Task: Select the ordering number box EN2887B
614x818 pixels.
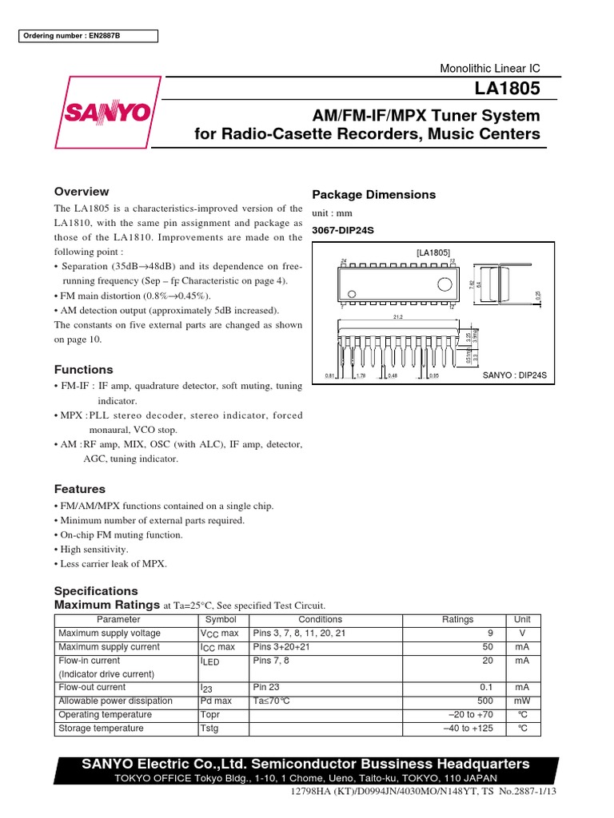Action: pos(89,36)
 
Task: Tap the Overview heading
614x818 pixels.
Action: pos(81,192)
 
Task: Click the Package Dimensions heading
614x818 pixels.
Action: pos(373,195)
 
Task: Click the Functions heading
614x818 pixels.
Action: pos(83,370)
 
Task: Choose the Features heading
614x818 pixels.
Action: pos(79,489)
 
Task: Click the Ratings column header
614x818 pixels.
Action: pos(457,620)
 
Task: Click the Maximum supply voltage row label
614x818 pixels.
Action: pos(110,633)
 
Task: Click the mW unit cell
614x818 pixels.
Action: pos(521,701)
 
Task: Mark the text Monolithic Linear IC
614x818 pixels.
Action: pos(490,69)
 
